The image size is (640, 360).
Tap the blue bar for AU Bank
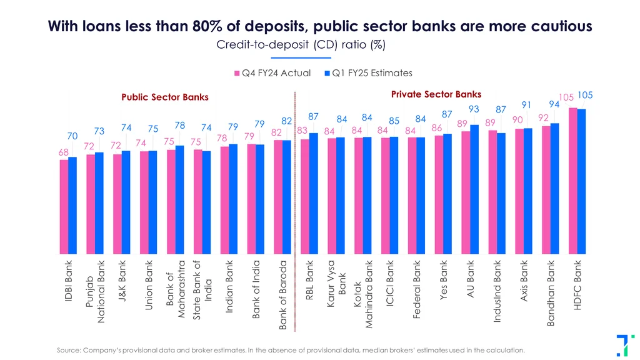[x=474, y=187]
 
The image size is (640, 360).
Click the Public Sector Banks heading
[x=165, y=97]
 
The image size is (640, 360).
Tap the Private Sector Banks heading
[x=436, y=94]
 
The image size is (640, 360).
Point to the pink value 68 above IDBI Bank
[x=64, y=152]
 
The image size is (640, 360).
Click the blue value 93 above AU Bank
[x=474, y=109]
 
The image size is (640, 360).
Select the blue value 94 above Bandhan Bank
[x=554, y=104]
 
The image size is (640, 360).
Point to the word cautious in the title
[x=556, y=26]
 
